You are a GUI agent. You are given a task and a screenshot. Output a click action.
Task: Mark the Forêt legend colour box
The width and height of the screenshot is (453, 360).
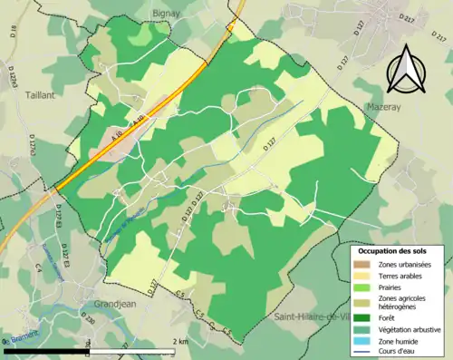coord(364,316)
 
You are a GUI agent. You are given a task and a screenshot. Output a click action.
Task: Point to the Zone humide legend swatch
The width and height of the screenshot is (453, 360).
coord(364,339)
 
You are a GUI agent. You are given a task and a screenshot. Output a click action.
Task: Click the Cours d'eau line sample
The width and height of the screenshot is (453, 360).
coord(364,351)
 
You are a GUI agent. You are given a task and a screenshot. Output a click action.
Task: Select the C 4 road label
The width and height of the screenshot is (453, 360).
coord(39,268)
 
